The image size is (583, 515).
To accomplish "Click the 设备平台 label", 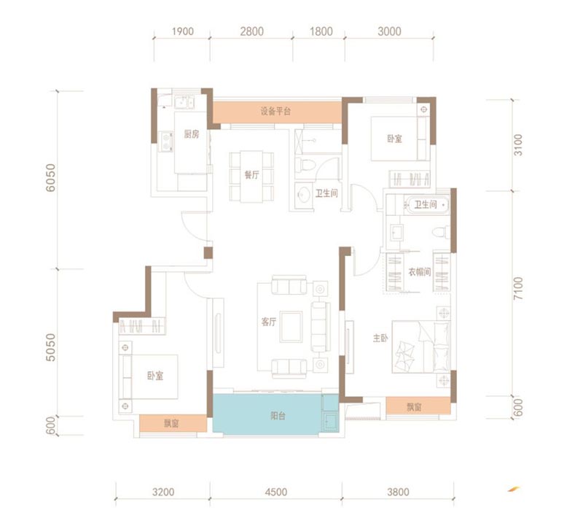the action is coord(275,112).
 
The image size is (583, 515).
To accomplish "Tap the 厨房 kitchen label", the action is coord(192,134).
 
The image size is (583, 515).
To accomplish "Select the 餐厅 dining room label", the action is coord(251,174).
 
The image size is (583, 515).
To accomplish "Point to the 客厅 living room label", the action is coord(269,322).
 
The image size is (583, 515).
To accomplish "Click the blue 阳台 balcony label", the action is coord(278,416).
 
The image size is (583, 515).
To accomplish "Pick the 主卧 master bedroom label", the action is coord(380,338).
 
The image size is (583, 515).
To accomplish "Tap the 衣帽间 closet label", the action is coord(420,272).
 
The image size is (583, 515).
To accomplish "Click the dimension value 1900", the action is coord(183,31).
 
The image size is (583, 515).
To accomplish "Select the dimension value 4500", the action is coord(276,492).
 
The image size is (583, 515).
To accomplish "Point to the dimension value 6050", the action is coord(50,178).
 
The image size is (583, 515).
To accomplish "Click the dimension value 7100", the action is coord(517,288).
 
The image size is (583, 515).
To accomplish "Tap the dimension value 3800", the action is coord(398,492).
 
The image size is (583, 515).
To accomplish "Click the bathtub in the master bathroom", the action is coord(426,205).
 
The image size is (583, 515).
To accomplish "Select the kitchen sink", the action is coord(184,102).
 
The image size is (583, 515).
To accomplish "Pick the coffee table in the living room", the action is coord(291,326).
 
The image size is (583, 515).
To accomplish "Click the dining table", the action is coord(251,176).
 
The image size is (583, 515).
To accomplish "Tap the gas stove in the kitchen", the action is coord(166,142).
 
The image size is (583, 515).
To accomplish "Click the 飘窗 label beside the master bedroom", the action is coord(414,407).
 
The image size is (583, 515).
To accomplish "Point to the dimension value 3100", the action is coord(517,144).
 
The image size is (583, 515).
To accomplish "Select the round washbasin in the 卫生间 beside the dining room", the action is coord(304,195).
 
